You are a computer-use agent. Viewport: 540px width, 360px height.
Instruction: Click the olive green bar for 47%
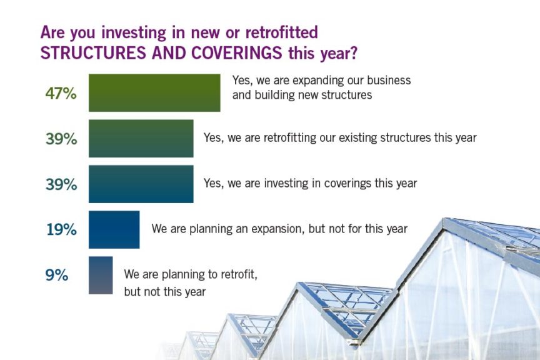154,92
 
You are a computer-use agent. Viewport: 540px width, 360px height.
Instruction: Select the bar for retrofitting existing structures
141,139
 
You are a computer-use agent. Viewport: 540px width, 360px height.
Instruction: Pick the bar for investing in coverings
141,184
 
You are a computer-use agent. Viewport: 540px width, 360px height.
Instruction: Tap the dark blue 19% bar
114,229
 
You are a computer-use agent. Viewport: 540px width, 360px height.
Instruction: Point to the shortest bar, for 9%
101,275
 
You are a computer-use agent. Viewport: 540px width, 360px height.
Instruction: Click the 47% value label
61,93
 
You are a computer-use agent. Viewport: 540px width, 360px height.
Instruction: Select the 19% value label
61,229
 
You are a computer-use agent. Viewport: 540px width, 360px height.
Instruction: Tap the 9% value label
57,275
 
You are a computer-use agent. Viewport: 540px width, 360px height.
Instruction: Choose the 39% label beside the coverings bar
61,184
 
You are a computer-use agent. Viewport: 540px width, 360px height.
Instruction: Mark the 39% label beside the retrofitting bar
61,139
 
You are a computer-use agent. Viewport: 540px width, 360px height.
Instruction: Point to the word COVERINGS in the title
237,53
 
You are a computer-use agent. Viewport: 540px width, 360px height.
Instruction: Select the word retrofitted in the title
281,32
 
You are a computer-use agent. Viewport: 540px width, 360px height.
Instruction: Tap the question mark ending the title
353,53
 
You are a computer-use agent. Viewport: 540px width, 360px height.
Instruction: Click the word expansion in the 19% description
278,229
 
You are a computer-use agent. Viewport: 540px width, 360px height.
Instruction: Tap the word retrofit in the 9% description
239,274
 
